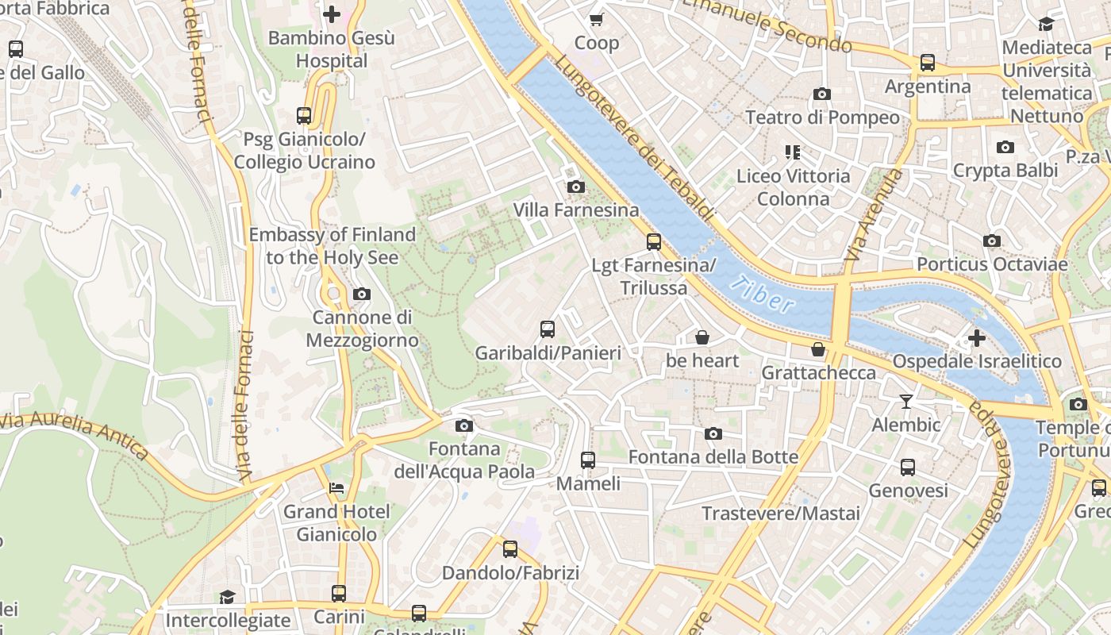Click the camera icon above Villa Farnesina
576,187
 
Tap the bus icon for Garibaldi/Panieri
548,329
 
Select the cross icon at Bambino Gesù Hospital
332,14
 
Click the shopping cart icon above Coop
596,19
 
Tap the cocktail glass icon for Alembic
906,402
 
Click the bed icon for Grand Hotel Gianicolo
336,488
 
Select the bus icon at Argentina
927,63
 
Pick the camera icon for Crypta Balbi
1005,147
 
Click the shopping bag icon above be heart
702,337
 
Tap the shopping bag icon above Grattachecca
818,349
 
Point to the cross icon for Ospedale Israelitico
977,338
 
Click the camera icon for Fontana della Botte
713,433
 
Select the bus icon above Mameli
587,460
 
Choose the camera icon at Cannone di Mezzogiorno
362,294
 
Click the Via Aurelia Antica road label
75,436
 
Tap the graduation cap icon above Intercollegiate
228,597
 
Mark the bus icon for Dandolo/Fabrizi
510,549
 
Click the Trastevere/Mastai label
781,514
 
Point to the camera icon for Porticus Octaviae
992,241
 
